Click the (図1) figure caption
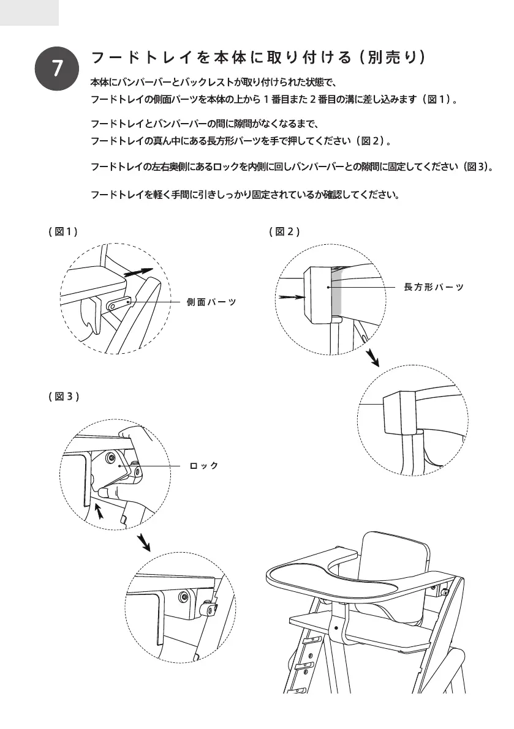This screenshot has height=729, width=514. (x=63, y=231)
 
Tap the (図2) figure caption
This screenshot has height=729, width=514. (x=284, y=231)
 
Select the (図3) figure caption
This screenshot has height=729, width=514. (x=64, y=397)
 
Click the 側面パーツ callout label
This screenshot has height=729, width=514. (x=211, y=302)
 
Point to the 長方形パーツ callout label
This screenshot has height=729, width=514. (x=433, y=287)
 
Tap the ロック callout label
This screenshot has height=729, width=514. (x=204, y=466)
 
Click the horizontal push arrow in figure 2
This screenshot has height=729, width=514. (x=291, y=297)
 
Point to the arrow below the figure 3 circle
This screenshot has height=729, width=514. (x=144, y=541)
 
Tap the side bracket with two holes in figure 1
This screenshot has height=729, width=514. (x=120, y=303)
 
